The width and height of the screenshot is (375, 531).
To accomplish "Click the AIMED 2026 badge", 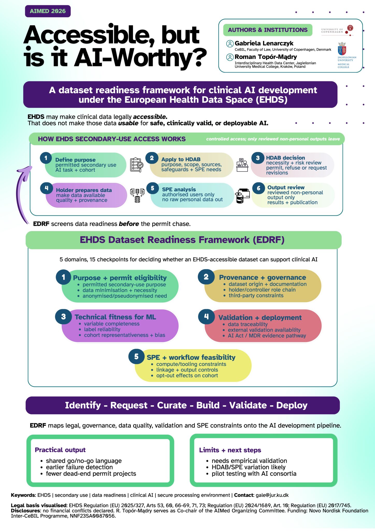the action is [x=48, y=11].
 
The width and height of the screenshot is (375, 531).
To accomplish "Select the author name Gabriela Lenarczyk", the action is [x=264, y=43].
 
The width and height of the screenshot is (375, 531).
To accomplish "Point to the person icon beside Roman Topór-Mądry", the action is [x=230, y=57].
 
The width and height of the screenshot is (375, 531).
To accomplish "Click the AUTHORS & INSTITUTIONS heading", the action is [x=268, y=30].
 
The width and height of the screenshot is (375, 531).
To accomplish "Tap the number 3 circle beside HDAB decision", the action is [x=258, y=158].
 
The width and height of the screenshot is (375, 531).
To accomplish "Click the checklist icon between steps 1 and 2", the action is [x=136, y=165].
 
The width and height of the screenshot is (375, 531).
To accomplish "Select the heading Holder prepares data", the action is [x=84, y=190].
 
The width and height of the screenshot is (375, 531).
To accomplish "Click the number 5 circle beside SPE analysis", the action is [x=153, y=188].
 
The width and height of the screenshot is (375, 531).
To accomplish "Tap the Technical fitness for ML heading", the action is [x=115, y=317].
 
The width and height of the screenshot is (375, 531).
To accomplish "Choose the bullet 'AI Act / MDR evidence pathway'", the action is [x=267, y=336].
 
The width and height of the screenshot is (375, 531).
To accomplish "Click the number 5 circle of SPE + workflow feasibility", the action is [x=136, y=357].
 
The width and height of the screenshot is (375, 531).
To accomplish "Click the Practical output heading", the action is [x=60, y=450].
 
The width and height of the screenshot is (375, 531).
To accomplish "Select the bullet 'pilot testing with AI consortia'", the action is [x=254, y=474].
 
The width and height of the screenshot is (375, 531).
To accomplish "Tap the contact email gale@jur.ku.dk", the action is [x=272, y=495].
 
